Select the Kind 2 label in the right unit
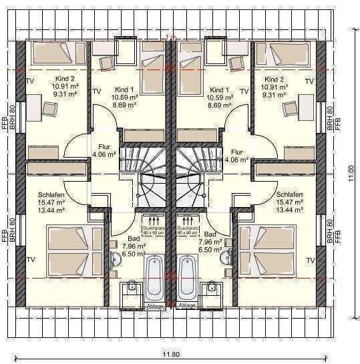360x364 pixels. click(273, 79)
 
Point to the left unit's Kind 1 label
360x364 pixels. click(124, 89)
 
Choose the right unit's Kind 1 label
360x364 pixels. click(219, 89)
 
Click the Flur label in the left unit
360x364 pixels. click(104, 146)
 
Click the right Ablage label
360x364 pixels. click(188, 306)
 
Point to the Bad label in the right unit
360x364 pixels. click(210, 235)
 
